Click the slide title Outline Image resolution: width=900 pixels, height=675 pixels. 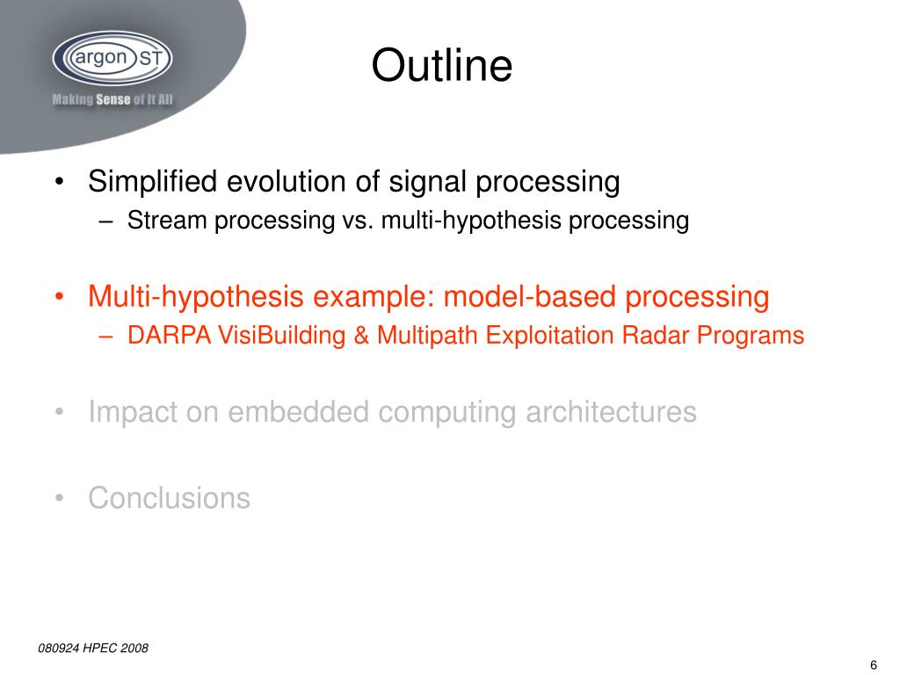(x=441, y=65)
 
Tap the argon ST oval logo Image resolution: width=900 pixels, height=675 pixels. (x=112, y=58)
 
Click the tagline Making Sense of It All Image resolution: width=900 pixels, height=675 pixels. (x=112, y=100)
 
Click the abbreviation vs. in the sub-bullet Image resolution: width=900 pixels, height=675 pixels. (x=358, y=221)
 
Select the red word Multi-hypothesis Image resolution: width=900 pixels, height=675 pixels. (x=196, y=297)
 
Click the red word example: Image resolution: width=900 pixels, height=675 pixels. (x=374, y=298)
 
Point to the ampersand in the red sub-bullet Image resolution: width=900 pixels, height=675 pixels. (x=361, y=336)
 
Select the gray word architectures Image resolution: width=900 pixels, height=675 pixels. (x=611, y=411)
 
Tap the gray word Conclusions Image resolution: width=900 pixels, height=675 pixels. (x=170, y=497)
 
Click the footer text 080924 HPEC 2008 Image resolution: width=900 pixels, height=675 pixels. (x=93, y=648)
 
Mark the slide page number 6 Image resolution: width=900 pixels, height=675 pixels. (x=874, y=664)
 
